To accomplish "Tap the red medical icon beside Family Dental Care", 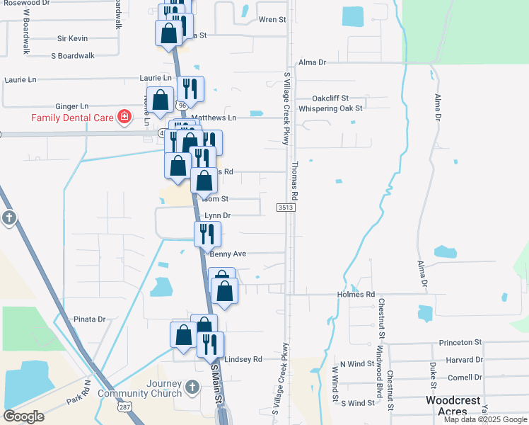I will pos(125,116).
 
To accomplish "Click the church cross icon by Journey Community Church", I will pos(194,387).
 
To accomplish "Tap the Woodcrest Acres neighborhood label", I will pos(453,406).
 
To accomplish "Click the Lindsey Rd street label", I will pos(243,359).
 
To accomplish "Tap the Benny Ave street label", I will pos(228,254).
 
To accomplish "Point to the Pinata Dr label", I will pos(89,319).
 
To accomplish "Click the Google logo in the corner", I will pos(23,416).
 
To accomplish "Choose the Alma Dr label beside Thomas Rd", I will pos(312,62).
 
